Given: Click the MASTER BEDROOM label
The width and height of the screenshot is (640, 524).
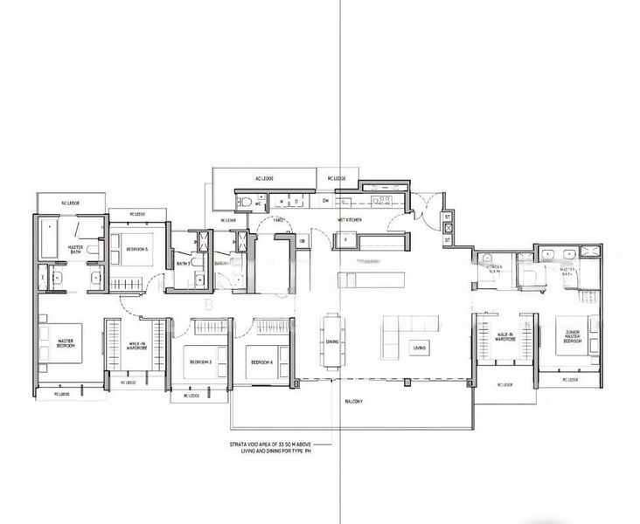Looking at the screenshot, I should [x=66, y=343].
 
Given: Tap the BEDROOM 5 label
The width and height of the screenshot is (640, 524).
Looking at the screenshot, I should [x=137, y=250].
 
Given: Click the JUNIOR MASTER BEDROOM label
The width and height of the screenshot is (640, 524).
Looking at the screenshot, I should [x=573, y=337].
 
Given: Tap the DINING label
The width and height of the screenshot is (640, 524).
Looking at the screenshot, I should [x=331, y=343].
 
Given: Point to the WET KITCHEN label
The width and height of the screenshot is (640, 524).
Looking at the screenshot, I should [x=351, y=220].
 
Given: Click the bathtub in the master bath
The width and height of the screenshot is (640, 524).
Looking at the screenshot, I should [x=47, y=238].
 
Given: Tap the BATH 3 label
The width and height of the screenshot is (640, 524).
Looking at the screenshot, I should [x=184, y=264].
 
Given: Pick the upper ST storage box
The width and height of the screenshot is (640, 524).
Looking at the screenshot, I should [x=447, y=217].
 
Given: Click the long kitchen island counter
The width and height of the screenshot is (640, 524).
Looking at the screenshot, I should [x=372, y=279].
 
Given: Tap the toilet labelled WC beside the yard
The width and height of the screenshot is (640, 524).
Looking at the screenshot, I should [x=248, y=202].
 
